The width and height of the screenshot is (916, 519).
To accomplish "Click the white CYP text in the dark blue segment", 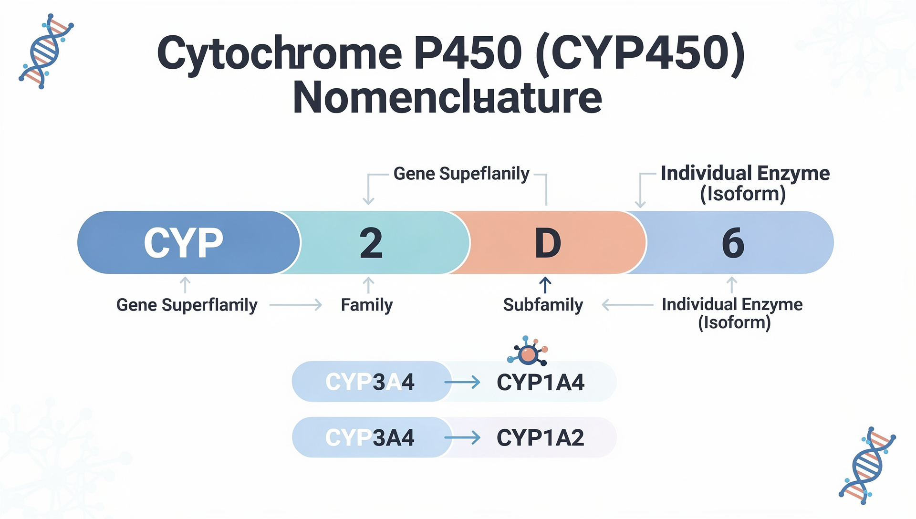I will click(183, 243).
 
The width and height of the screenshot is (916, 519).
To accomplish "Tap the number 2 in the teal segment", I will click(371, 243).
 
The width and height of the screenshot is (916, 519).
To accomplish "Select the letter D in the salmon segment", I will click(548, 243).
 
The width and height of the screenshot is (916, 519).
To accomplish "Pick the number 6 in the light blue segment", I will click(733, 243).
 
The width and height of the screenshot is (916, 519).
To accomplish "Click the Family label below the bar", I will click(366, 305).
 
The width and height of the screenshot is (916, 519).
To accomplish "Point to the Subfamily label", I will click(543, 305).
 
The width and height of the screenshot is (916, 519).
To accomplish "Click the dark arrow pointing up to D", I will click(545, 285).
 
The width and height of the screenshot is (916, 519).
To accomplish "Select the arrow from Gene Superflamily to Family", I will click(296, 305).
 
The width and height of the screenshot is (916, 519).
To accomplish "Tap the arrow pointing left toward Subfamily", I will click(627, 305).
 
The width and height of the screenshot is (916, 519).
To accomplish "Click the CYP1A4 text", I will click(540, 382).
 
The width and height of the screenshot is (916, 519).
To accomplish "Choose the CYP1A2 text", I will click(540, 438).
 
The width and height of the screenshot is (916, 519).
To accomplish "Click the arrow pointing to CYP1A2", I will click(462, 438).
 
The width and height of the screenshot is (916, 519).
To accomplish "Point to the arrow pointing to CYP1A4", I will click(462, 382).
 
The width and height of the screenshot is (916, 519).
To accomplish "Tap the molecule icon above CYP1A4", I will click(528, 352).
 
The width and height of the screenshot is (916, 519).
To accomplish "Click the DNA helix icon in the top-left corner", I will click(46, 51).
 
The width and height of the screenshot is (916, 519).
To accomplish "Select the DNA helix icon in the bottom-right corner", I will click(867, 466).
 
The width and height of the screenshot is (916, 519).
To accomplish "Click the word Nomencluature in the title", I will click(447, 98).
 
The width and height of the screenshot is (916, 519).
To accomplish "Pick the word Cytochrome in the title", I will click(280, 53).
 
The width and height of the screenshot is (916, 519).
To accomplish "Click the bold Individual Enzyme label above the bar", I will click(745, 174).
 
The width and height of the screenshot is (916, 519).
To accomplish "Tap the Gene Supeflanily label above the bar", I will click(461, 174).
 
